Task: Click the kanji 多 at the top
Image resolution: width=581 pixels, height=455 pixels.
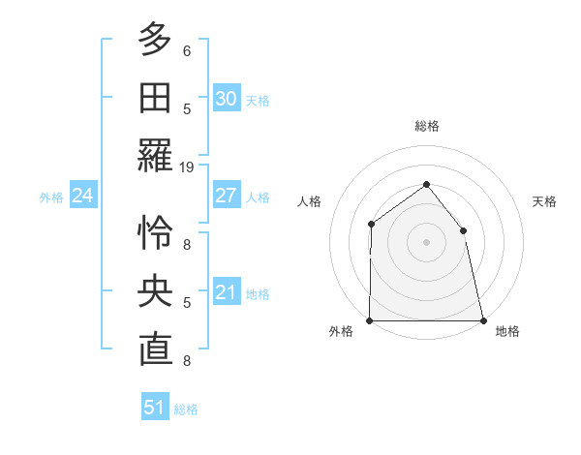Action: click(155, 39)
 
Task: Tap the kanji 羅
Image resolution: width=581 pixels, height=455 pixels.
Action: click(155, 155)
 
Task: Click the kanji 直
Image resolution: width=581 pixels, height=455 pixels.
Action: click(155, 349)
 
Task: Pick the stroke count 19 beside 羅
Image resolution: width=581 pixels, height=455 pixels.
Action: click(187, 167)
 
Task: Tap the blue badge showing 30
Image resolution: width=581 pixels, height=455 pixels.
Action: click(226, 99)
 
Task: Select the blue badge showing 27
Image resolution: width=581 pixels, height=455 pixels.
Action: click(226, 196)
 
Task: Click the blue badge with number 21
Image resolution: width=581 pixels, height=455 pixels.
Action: click(226, 292)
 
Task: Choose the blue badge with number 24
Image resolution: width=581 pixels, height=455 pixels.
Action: click(82, 196)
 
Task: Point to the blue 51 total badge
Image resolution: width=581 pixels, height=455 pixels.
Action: click(155, 408)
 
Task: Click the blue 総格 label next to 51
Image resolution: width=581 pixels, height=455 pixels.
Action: click(187, 409)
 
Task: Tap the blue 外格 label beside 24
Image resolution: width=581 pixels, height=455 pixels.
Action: click(51, 197)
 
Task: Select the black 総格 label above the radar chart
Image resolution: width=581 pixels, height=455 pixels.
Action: click(427, 126)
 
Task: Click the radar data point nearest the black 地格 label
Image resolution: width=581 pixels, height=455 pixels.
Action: click(482, 319)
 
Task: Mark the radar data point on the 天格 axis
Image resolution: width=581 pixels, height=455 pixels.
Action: click(463, 230)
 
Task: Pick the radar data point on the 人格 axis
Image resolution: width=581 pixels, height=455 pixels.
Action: click(371, 225)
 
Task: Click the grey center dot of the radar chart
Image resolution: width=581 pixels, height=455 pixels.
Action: click(426, 242)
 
